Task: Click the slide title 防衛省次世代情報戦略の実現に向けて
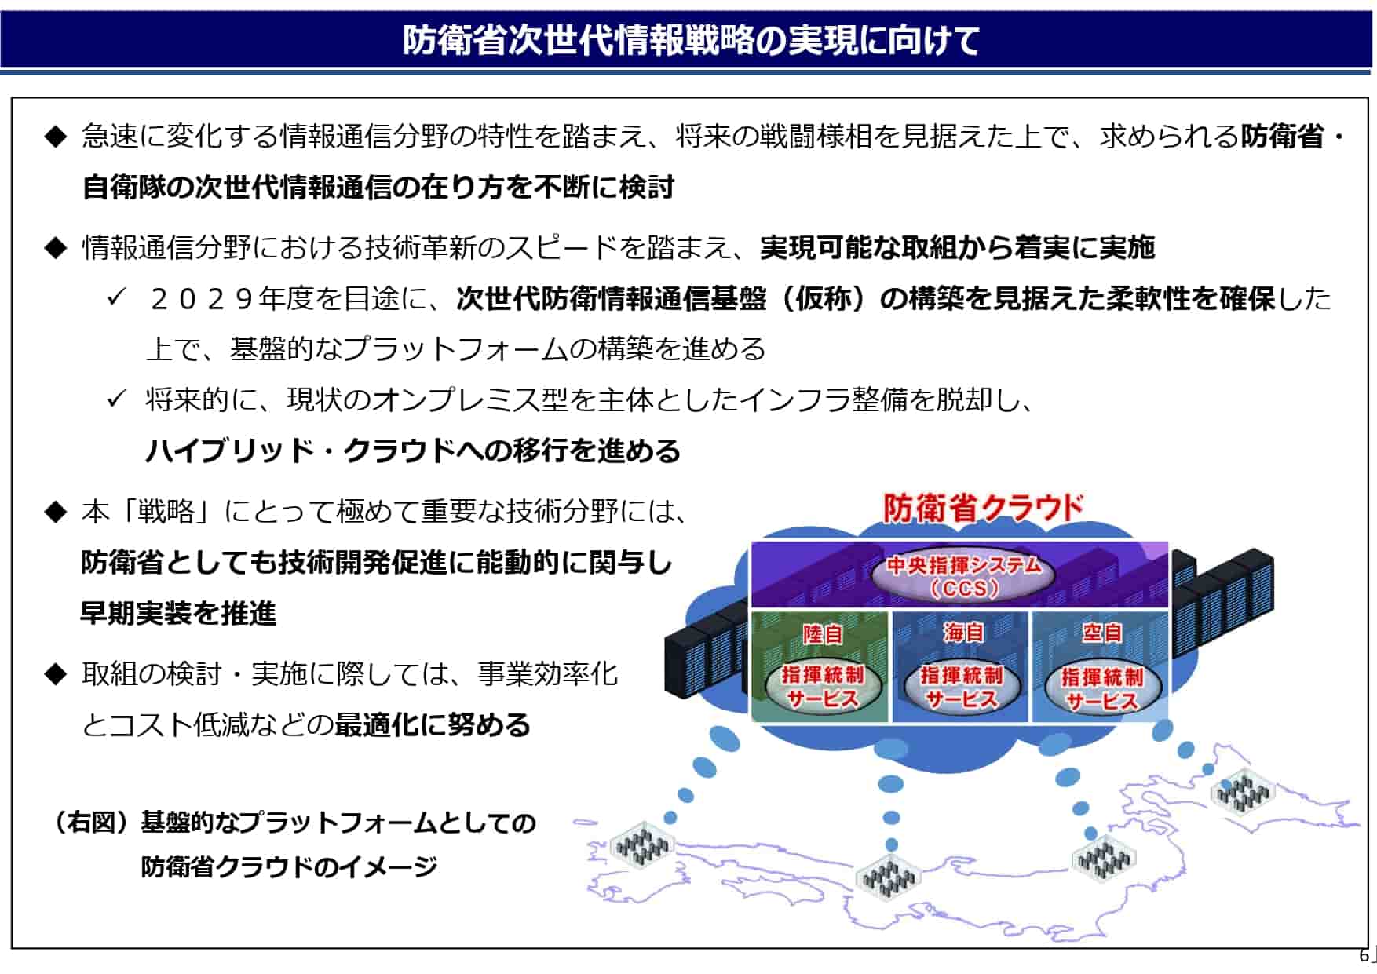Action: click(691, 40)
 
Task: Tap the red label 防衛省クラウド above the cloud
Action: click(983, 508)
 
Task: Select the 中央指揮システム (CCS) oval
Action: click(963, 576)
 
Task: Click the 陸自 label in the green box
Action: click(822, 633)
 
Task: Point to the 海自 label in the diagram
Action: click(962, 633)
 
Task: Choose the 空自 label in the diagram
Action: click(1102, 633)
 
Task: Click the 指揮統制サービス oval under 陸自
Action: click(822, 686)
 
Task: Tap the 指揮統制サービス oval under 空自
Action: click(1102, 688)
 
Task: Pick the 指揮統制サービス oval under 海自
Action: click(962, 687)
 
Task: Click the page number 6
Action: click(1364, 955)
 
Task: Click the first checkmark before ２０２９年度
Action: click(116, 297)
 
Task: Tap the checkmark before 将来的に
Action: click(116, 399)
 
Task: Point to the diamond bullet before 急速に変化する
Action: click(56, 137)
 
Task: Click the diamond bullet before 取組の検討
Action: click(56, 674)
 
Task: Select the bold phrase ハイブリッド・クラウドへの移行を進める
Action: click(413, 451)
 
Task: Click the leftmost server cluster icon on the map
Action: click(642, 846)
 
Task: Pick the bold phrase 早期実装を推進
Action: click(178, 613)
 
